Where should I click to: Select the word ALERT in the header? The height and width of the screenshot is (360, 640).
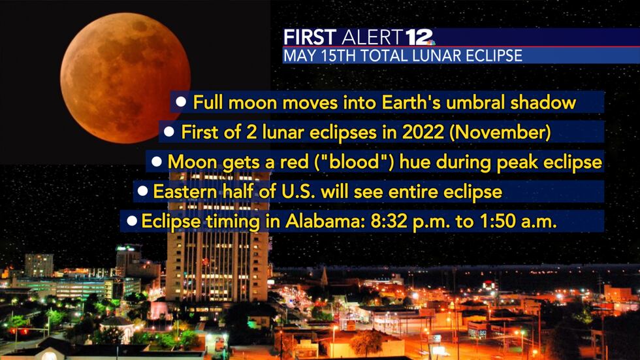[x=370, y=37]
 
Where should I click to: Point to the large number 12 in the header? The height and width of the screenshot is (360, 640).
[x=415, y=37]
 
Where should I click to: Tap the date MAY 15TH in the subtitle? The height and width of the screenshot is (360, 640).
[x=312, y=56]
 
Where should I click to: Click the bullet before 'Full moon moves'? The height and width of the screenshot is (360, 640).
[x=182, y=102]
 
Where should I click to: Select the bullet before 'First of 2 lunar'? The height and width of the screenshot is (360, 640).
[x=168, y=132]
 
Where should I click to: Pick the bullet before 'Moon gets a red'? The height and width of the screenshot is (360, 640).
[x=156, y=161]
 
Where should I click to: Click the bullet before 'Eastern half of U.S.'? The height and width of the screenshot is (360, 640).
[x=142, y=191]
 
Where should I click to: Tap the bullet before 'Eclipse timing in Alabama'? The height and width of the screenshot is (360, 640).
[x=131, y=221]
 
